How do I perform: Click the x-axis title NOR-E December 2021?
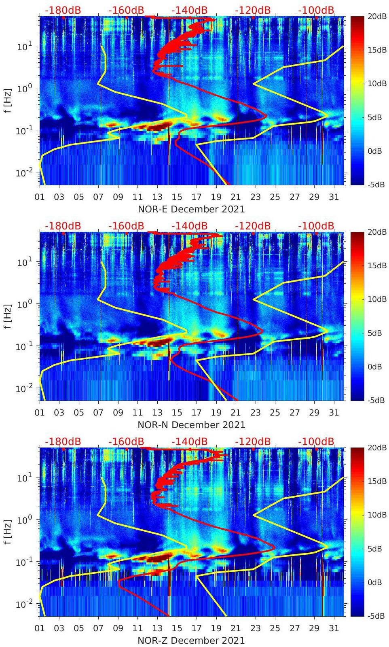point(191,209)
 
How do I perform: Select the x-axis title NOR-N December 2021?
point(191,425)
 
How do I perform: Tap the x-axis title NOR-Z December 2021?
point(191,641)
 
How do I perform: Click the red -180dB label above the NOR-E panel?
point(63,10)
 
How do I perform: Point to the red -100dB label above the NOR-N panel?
point(316,226)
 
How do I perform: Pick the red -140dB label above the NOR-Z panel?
point(189,441)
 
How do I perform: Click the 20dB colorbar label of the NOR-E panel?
point(375,16)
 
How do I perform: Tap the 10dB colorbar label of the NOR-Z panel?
point(375,515)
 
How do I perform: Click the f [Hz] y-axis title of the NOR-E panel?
point(7,100)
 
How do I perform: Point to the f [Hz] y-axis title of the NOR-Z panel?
point(7,532)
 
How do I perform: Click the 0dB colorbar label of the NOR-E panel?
point(375,151)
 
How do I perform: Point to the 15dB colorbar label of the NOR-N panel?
point(375,265)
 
